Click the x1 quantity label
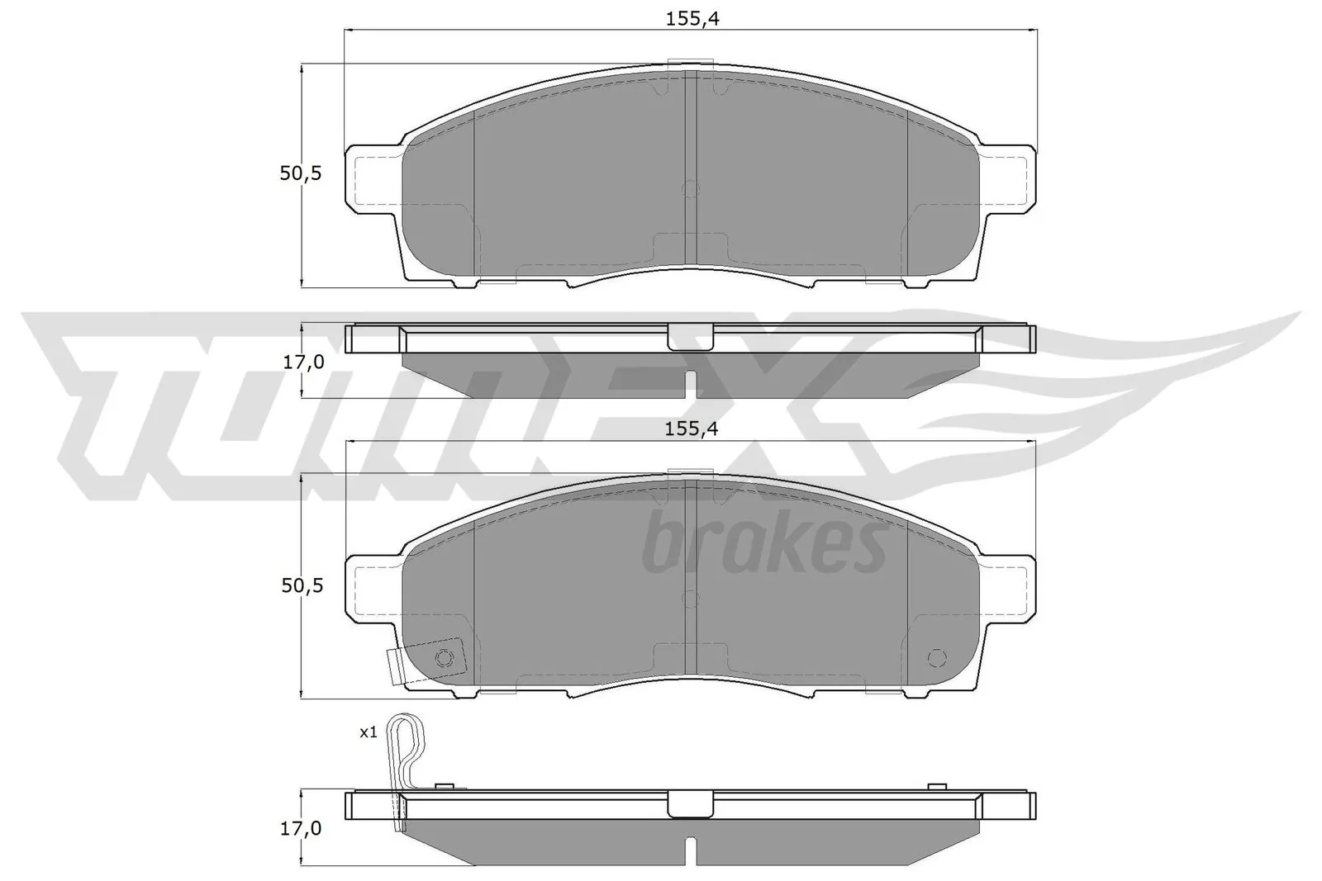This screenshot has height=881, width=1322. tap(368, 732)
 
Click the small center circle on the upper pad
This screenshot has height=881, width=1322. tap(690, 189)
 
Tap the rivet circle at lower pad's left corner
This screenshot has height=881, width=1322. tap(445, 657)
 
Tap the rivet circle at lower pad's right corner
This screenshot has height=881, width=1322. tap(935, 657)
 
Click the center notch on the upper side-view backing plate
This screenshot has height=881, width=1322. tap(690, 336)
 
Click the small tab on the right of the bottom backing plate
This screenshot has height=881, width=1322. tap(936, 787)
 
